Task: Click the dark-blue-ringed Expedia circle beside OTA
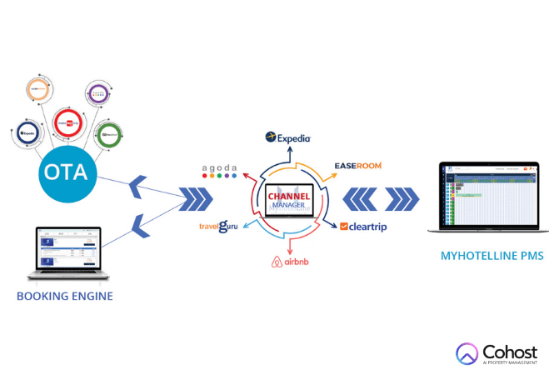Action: tap(27, 131)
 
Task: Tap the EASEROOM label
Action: tap(357, 166)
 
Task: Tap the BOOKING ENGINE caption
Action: tap(63, 296)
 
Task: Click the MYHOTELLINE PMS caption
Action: tap(492, 257)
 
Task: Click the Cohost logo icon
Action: tap(467, 354)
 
